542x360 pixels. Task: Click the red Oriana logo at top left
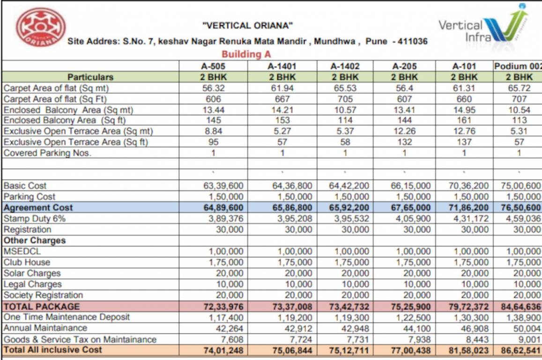click(x=41, y=27)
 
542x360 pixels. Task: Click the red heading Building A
click(x=246, y=54)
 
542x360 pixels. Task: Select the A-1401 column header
click(x=282, y=66)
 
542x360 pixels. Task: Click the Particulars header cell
click(x=90, y=77)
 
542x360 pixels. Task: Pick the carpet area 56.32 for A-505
click(x=214, y=88)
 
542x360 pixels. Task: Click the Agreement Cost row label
click(x=38, y=207)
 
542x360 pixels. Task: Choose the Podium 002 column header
click(x=517, y=66)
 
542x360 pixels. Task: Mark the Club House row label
click(x=27, y=262)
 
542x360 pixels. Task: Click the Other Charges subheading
click(x=35, y=240)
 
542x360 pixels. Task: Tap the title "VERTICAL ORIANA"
click(x=247, y=25)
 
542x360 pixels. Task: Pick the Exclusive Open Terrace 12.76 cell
click(x=464, y=131)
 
